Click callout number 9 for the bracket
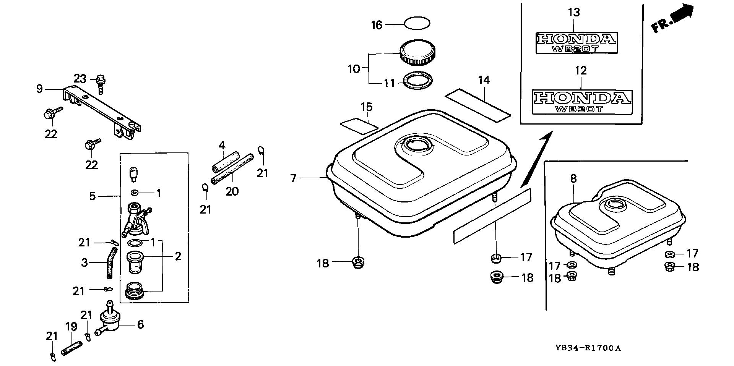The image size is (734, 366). click(39, 89)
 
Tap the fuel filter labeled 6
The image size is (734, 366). click(110, 321)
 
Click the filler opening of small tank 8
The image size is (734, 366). click(614, 205)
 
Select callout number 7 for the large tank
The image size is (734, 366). click(293, 178)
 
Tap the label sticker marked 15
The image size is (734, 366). click(359, 125)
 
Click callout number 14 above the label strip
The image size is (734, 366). click(484, 80)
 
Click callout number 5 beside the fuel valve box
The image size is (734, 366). click(92, 196)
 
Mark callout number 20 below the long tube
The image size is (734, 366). click(232, 191)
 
